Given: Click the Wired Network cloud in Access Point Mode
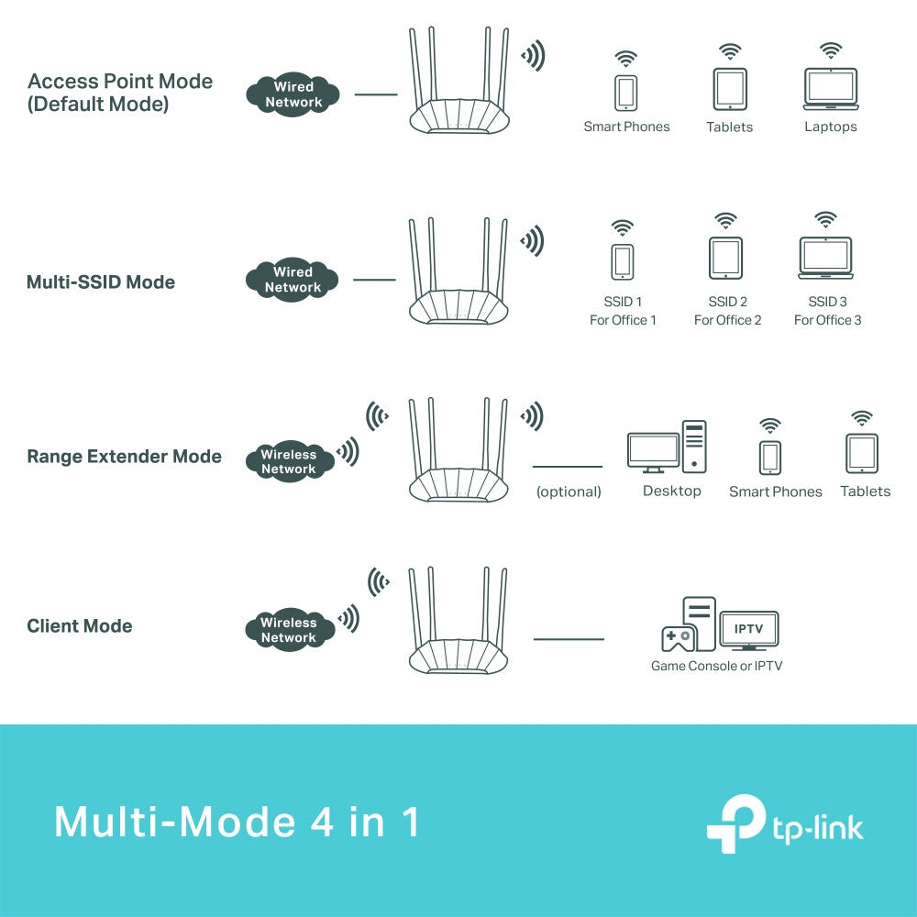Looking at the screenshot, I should tap(293, 94).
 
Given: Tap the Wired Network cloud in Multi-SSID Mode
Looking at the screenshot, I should tap(293, 280).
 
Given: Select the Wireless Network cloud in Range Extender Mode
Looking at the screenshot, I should tap(288, 461).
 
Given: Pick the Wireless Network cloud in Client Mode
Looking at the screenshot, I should tap(288, 630).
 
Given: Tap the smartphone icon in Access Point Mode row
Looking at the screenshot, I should tap(626, 92).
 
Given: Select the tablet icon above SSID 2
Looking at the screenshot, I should tap(726, 259).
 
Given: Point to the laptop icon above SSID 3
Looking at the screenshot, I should tap(825, 258).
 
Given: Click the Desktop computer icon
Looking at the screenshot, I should tap(667, 448).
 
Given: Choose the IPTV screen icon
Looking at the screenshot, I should tap(749, 631).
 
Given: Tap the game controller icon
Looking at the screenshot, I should tap(676, 638).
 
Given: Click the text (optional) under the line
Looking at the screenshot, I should tap(569, 492).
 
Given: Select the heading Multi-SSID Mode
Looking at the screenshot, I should tap(100, 282).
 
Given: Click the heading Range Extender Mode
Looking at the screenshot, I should tap(124, 456).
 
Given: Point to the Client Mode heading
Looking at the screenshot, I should tap(79, 626).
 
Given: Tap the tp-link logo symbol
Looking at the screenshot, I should tap(735, 824).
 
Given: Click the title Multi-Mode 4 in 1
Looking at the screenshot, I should tap(237, 822).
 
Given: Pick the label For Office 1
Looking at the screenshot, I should tap(623, 320).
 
